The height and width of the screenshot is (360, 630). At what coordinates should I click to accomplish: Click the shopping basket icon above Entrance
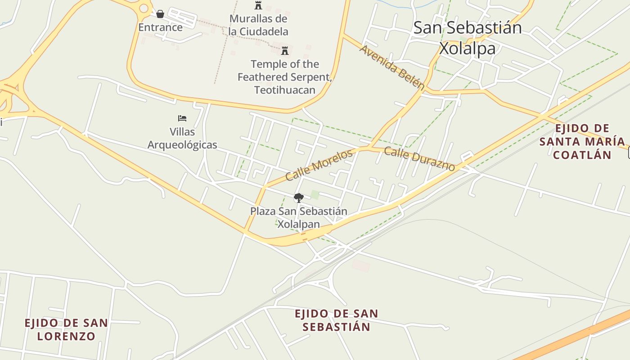(x=160, y=14)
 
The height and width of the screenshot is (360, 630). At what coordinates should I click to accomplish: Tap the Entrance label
(x=160, y=27)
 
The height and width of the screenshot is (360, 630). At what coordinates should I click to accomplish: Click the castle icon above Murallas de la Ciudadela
(x=258, y=5)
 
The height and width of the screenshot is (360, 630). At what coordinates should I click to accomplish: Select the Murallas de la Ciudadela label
(x=258, y=25)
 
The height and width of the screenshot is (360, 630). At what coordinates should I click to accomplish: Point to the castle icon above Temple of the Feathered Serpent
(x=284, y=50)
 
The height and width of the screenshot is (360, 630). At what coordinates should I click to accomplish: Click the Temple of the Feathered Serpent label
(x=284, y=77)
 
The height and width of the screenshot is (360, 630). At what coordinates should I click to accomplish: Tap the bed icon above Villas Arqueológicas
(x=182, y=118)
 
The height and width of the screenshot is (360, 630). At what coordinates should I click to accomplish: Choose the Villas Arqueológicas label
(x=182, y=139)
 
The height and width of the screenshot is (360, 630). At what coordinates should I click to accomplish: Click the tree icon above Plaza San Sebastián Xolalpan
(x=298, y=198)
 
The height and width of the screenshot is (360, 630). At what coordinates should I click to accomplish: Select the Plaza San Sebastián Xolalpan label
(x=299, y=218)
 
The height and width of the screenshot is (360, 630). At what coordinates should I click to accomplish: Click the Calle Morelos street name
(x=319, y=165)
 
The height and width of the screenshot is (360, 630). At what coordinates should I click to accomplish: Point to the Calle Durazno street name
(x=419, y=159)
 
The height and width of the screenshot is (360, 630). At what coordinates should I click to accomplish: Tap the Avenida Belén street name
(x=392, y=67)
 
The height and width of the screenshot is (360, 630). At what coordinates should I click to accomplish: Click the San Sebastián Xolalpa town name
(x=468, y=38)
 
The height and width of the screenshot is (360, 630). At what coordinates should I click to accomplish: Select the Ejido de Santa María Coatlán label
(x=582, y=142)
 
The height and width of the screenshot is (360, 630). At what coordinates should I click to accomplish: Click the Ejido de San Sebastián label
(x=336, y=320)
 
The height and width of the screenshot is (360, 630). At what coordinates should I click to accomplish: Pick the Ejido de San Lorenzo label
(x=66, y=329)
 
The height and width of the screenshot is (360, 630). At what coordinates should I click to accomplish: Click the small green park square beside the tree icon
(x=315, y=194)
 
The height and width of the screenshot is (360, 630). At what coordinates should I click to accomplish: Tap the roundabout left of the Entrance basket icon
(x=144, y=8)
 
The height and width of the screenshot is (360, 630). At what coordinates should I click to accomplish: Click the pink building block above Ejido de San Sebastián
(x=361, y=265)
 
